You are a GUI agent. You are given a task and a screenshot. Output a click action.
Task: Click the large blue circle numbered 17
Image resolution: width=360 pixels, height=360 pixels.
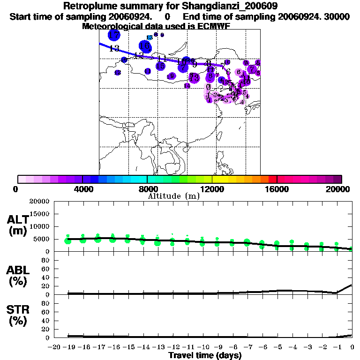tap(114, 35)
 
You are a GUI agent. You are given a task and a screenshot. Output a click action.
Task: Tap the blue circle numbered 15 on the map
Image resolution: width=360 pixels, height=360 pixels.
tap(161, 66)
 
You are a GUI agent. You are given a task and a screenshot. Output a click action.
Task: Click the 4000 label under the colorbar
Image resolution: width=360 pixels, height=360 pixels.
tap(82, 189)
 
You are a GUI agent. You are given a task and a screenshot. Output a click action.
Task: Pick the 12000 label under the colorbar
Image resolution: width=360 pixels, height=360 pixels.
tap(212, 189)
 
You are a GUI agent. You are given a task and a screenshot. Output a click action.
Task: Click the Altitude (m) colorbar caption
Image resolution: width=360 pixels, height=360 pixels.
tap(173, 196)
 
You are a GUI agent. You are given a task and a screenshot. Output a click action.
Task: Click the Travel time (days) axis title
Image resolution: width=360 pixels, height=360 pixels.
tap(205, 355)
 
